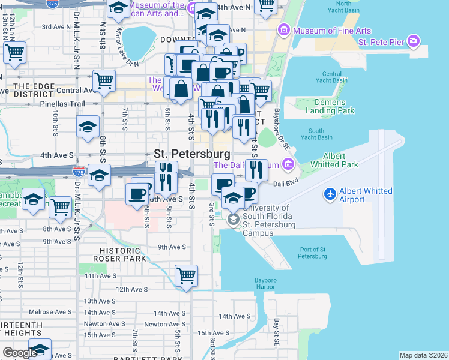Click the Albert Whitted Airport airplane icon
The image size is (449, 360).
tap(330, 194)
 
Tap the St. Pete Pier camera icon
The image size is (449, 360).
tap(413, 41)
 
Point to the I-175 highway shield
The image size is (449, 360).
tap(77, 172)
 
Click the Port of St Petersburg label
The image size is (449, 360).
tap(312, 253)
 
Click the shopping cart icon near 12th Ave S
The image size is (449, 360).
tap(187, 276)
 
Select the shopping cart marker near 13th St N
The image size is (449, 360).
tap(14, 52)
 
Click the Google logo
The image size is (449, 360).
tap(20, 353)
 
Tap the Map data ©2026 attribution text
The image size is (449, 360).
tap(423, 355)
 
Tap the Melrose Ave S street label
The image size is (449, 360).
tap(50, 313)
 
